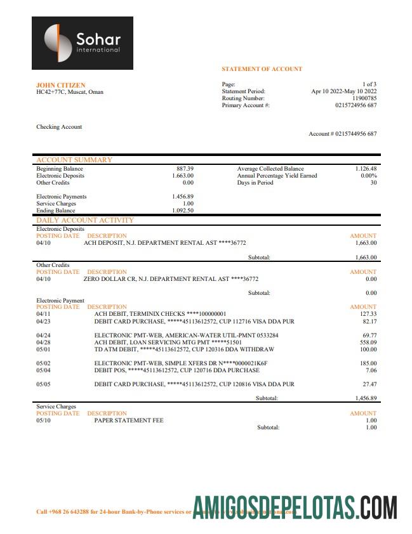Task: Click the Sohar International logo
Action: pyautogui.click(x=83, y=43)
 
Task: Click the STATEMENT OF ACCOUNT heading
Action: pyautogui.click(x=262, y=68)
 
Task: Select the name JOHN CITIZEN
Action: pyautogui.click(x=61, y=85)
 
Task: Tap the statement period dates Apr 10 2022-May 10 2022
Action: pyautogui.click(x=343, y=91)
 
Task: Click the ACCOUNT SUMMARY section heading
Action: pyautogui.click(x=74, y=160)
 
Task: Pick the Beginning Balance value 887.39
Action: pyautogui.click(x=185, y=169)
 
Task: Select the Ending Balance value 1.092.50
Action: pyautogui.click(x=183, y=210)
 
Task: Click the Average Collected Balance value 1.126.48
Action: pyautogui.click(x=366, y=169)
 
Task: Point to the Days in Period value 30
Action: pyautogui.click(x=373, y=183)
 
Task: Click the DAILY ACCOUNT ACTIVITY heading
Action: pyautogui.click(x=85, y=220)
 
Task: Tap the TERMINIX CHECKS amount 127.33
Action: pyautogui.click(x=368, y=313)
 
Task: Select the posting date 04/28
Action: pyautogui.click(x=43, y=342)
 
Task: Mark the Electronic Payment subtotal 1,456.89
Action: pyautogui.click(x=366, y=398)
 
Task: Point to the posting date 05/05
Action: pyautogui.click(x=43, y=384)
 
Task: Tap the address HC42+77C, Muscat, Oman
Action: pyautogui.click(x=70, y=92)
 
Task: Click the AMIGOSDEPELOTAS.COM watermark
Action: pyautogui.click(x=295, y=507)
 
